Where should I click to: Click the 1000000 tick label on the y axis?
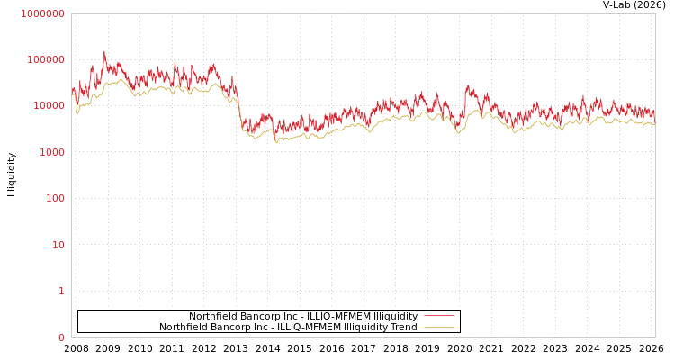point(42,13)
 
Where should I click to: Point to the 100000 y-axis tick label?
point(45,59)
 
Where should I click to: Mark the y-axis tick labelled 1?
point(61,291)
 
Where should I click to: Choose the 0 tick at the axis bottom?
point(61,337)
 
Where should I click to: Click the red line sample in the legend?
point(438,316)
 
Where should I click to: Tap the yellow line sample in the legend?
point(438,327)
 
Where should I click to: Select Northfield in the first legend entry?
point(212,316)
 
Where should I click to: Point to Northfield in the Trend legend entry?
point(183,327)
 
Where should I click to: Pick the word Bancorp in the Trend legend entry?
point(229,327)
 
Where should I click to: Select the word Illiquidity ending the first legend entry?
point(395,316)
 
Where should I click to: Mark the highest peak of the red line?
point(103,51)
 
